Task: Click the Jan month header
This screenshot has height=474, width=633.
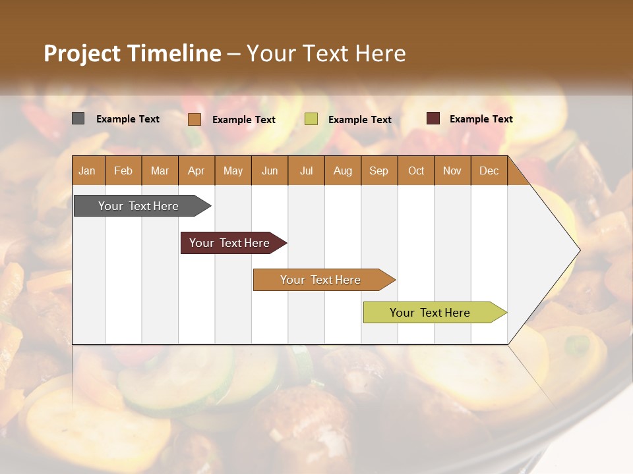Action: tap(88, 171)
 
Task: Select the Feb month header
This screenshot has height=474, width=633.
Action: tap(123, 171)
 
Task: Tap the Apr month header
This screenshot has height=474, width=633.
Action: tap(196, 171)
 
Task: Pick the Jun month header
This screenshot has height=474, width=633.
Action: tap(270, 171)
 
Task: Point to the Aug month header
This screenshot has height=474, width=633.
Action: tap(343, 171)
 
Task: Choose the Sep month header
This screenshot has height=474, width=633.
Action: tap(379, 171)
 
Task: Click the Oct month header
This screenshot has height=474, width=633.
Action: tap(416, 171)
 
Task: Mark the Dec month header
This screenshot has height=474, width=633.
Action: tap(489, 171)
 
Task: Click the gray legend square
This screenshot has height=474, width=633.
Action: tap(78, 118)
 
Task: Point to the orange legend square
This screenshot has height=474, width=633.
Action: tap(195, 119)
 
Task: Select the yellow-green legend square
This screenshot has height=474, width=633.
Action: tap(311, 119)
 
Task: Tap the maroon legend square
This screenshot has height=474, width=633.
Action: tap(433, 118)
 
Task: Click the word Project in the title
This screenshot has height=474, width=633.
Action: tap(81, 53)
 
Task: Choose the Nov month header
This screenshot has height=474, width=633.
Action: tap(452, 171)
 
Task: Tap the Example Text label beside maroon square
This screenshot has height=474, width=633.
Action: tap(481, 119)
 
